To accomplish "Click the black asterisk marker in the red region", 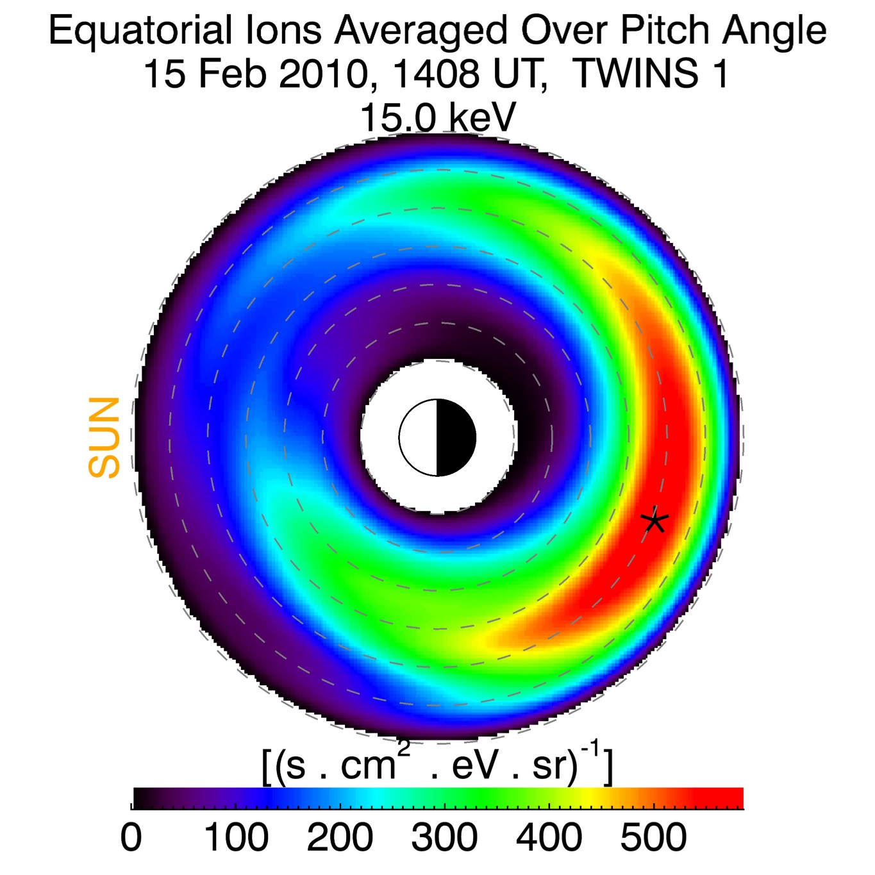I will [654, 521].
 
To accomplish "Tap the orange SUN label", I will [104, 437].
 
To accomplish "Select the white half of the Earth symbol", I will [419, 438].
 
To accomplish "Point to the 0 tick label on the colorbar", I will [131, 837].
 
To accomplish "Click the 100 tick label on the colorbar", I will [236, 837].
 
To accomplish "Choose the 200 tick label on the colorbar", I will [340, 837].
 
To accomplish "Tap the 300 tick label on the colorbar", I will [444, 837].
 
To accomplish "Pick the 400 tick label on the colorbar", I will [549, 837].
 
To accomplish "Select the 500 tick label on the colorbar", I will [653, 837].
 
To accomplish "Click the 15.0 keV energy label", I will [438, 117].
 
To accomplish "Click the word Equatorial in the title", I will [140, 30].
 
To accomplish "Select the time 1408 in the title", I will [436, 74].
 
